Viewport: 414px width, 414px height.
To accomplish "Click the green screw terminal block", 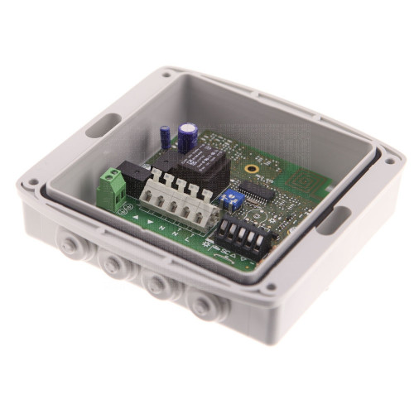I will coord(111,189).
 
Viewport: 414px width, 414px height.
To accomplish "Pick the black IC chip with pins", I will coord(259,192).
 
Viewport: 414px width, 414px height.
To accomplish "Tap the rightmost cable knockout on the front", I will coord(201,307).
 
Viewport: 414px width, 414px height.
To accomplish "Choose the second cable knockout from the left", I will coord(110,262).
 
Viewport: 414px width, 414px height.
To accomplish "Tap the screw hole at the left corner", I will coord(32,182).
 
